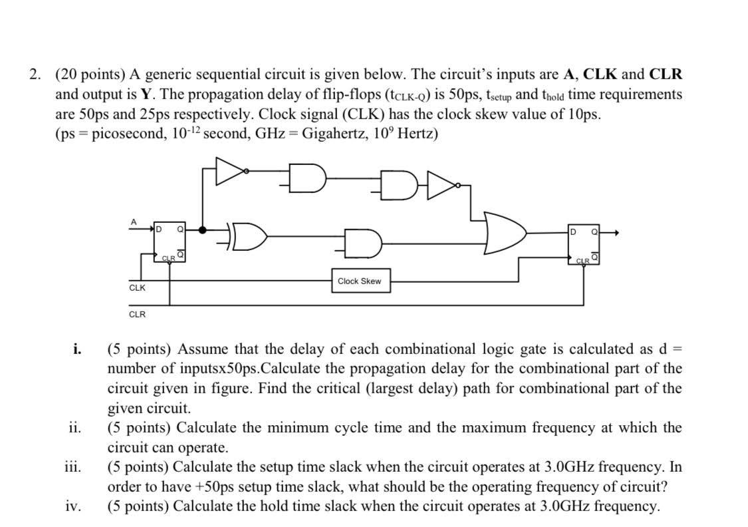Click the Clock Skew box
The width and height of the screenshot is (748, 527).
click(360, 281)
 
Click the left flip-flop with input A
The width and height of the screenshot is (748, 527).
click(170, 242)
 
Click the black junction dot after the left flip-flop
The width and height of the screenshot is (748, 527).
click(202, 230)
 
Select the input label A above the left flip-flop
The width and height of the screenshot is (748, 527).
click(134, 221)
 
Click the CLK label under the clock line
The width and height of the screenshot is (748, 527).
click(137, 288)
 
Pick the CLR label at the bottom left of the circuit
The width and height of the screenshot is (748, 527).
click(137, 314)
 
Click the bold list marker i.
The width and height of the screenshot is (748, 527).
click(78, 349)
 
